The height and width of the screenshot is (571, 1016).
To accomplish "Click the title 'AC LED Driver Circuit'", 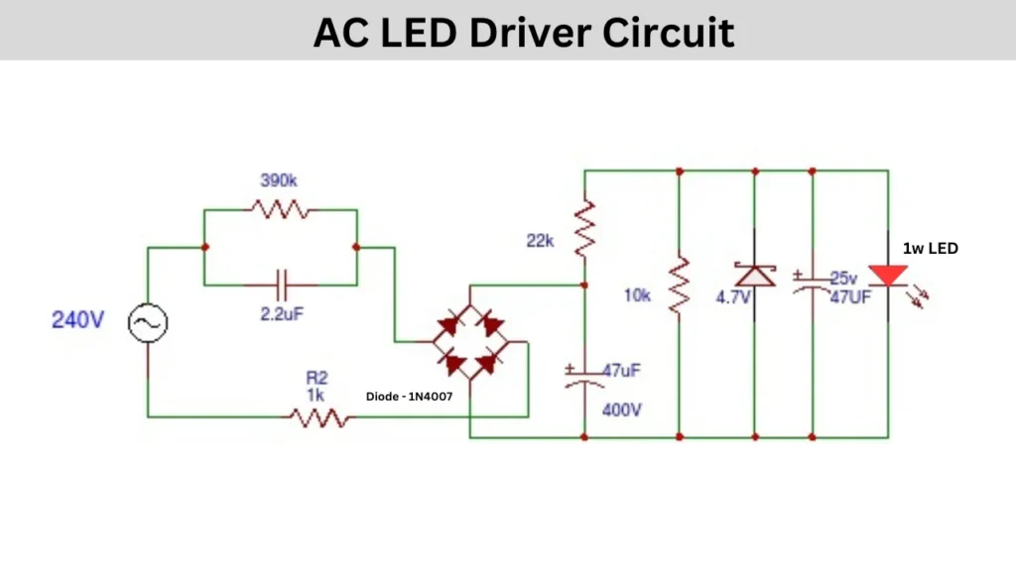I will point(524,33).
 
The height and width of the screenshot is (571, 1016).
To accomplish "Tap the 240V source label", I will point(77,320).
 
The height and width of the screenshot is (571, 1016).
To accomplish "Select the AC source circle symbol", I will point(148,321).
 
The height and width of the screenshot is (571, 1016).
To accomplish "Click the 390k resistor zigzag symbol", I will point(278,209).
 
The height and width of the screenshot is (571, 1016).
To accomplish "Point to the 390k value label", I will point(278,181).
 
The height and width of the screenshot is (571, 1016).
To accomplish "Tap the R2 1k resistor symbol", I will point(319,417).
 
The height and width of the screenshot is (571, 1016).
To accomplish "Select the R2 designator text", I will point(317,378).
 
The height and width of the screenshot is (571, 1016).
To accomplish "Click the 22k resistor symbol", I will point(584,227).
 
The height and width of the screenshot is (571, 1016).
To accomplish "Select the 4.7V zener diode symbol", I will point(754,274).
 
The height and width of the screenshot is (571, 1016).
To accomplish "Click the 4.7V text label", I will point(733,297).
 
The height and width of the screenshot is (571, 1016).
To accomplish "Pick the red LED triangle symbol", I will point(887,275).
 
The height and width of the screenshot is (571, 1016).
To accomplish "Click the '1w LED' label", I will point(930,248).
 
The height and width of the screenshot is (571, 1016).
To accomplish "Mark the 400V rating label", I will point(622,409).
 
